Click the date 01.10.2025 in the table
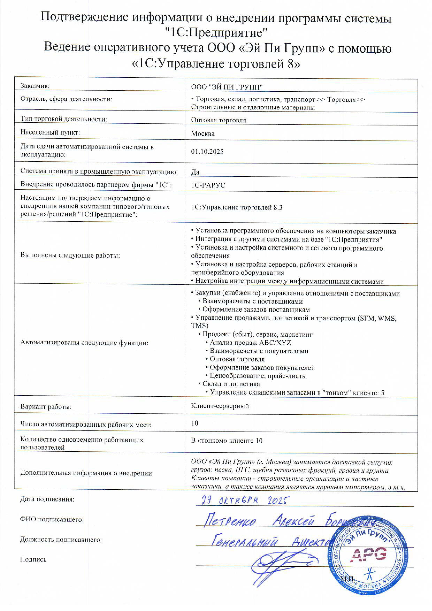(207, 152)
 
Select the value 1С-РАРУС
(208, 185)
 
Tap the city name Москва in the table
(202, 134)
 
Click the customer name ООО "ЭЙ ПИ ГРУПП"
(227, 87)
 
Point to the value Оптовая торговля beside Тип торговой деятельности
(218, 120)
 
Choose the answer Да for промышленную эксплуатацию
(195, 172)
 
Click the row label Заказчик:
(35, 86)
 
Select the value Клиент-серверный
(220, 406)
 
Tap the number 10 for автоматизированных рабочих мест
(195, 423)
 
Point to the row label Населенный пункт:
(50, 132)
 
